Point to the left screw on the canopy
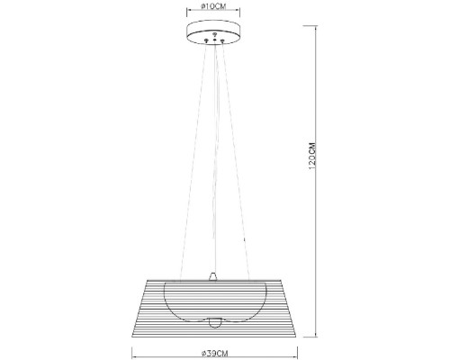207,40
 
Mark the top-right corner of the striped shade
278,278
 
